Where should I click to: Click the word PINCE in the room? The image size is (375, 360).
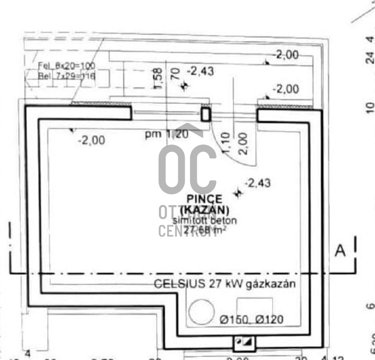[x=204, y=199]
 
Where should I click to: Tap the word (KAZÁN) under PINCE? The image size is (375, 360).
[x=204, y=210]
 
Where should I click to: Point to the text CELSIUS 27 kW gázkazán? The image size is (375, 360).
[x=225, y=284]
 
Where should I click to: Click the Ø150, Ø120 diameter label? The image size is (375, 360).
[x=251, y=320]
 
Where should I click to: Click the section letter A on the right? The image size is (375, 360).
[x=340, y=251]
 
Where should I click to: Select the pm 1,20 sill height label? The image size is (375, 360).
[x=166, y=134]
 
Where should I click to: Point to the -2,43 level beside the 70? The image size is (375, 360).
[x=201, y=71]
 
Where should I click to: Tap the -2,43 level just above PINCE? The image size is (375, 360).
[x=257, y=183]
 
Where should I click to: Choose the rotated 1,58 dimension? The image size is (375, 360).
[x=158, y=77]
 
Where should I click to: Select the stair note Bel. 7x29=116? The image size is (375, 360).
[x=60, y=76]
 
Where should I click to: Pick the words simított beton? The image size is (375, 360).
[x=205, y=220]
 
